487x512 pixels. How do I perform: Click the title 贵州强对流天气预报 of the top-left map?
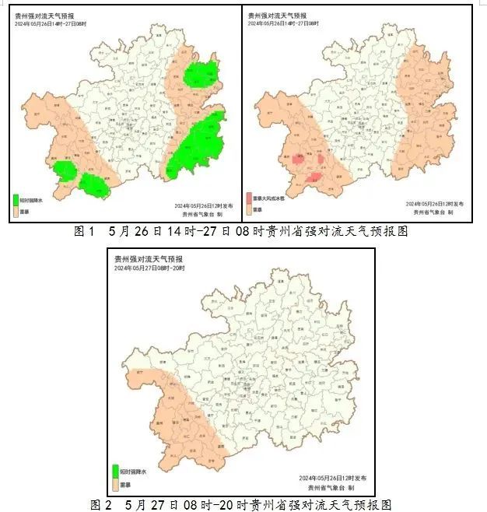pos(44,15)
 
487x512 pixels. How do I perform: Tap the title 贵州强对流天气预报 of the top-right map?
pos(275,15)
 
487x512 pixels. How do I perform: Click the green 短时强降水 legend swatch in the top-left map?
pos(17,199)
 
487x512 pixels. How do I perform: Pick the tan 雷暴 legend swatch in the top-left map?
pos(17,210)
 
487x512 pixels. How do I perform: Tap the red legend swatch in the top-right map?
pos(250,198)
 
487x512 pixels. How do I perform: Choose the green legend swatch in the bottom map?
pos(116,470)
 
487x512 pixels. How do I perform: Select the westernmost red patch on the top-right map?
pos(297,160)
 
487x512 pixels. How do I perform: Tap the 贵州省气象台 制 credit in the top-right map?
pos(433,212)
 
